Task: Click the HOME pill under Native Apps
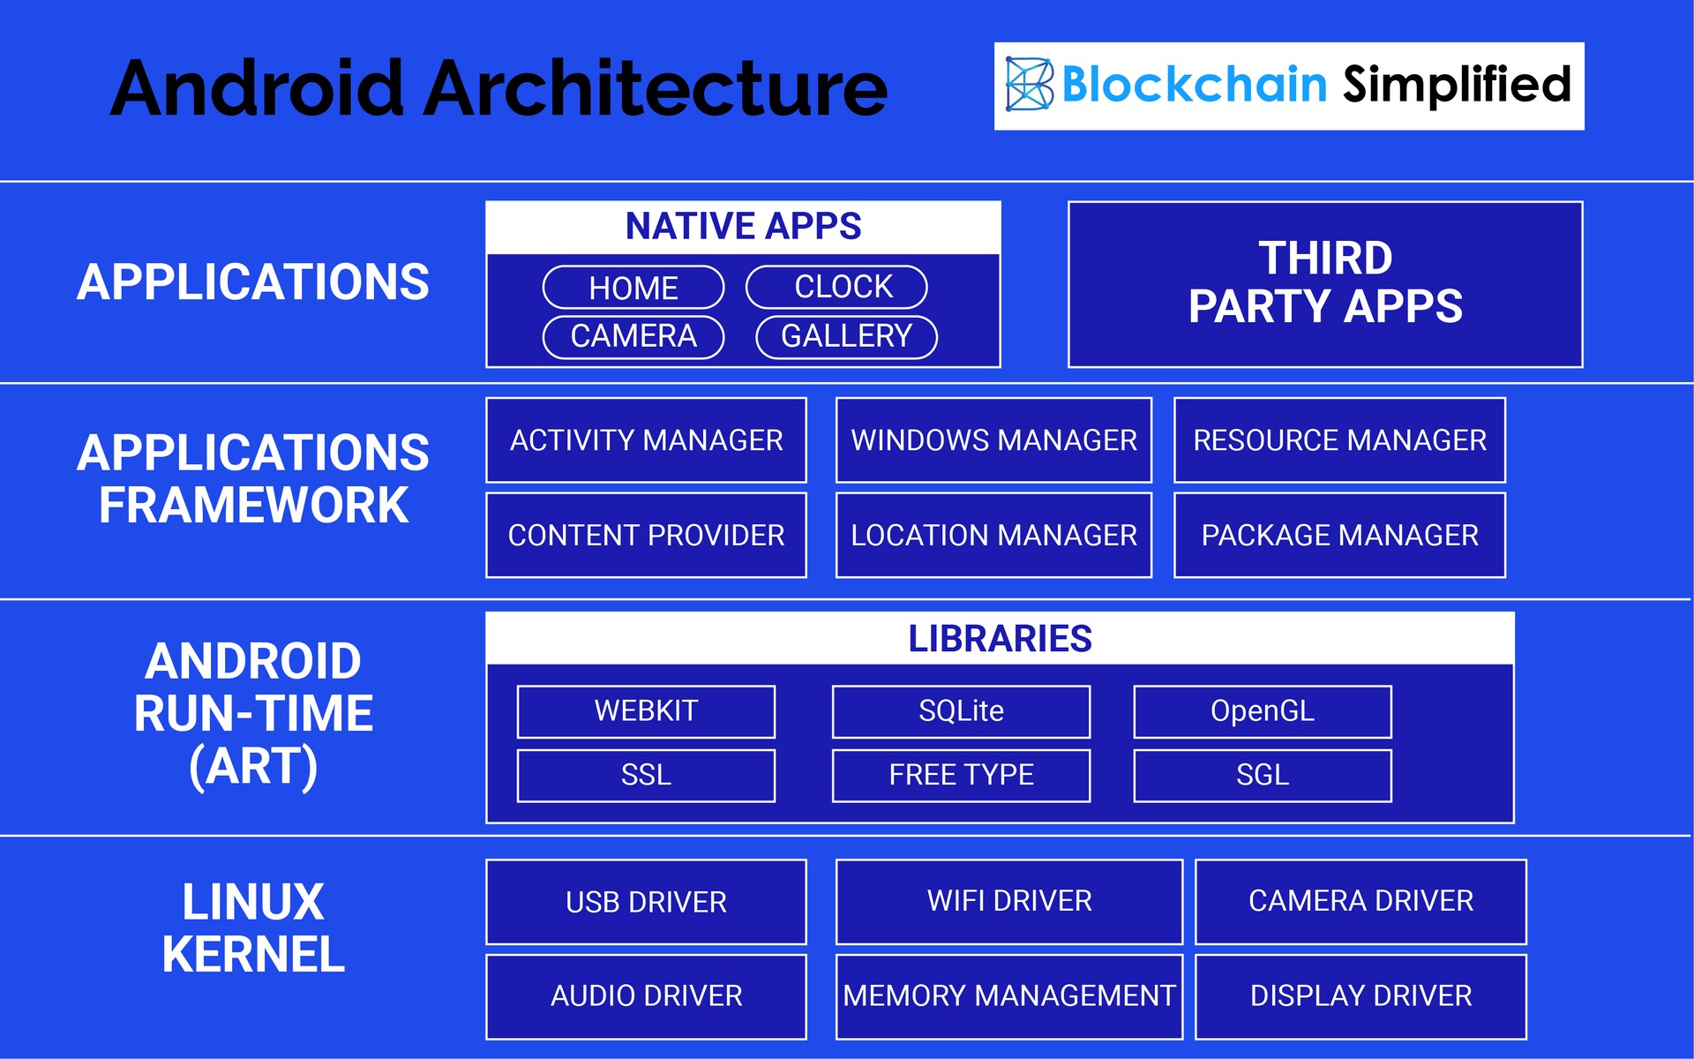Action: [633, 288]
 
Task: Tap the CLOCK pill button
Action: [836, 287]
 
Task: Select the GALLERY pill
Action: [847, 337]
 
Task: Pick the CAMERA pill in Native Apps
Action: [633, 337]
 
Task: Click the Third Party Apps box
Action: [1325, 284]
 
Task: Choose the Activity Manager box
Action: [647, 440]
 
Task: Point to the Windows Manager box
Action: [994, 440]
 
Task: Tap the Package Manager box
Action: [1339, 535]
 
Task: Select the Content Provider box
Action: [647, 535]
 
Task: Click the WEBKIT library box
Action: [647, 711]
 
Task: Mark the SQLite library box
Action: [962, 711]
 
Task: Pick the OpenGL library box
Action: [1263, 711]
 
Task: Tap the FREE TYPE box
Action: [962, 776]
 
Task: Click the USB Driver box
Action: [647, 902]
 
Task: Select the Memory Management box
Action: [1009, 996]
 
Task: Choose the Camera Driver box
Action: [1360, 902]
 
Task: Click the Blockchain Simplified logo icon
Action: [1030, 85]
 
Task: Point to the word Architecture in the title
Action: [656, 88]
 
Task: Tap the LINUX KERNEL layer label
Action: [253, 928]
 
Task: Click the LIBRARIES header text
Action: [1001, 638]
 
